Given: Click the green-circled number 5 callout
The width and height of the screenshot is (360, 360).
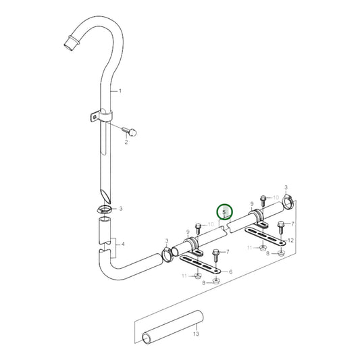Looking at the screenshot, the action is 224,211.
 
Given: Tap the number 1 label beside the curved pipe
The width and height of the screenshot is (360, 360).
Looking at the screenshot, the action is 120,91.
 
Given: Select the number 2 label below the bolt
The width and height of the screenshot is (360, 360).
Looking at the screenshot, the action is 126,142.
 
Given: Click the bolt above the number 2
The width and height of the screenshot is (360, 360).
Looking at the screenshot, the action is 130,132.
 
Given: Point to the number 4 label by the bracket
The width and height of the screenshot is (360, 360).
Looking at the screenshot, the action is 123,244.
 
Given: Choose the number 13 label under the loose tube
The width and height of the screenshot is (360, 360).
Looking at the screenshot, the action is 196,334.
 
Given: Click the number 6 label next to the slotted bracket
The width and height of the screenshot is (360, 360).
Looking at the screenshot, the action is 230,272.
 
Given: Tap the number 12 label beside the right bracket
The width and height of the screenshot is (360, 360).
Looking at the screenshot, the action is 290,240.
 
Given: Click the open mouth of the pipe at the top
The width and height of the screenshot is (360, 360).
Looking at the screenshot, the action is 69,45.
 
